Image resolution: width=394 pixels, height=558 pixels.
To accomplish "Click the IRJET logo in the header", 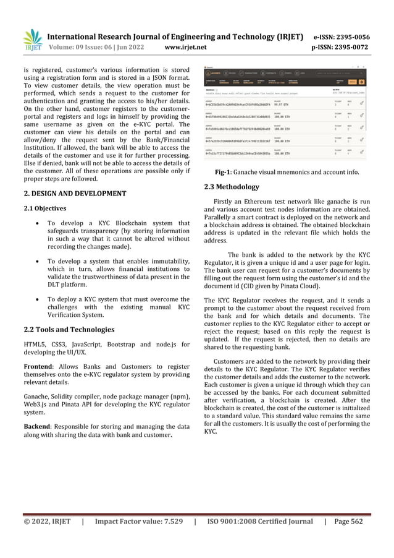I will click(x=31, y=38).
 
